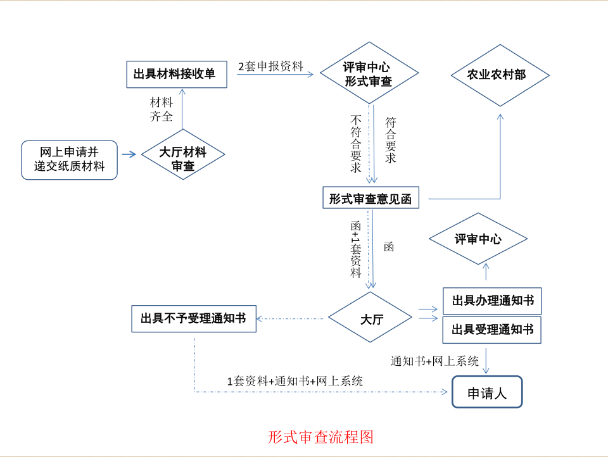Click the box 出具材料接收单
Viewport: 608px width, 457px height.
pos(174,74)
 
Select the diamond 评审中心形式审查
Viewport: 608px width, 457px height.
pos(368,74)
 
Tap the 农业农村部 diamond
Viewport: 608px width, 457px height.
pos(500,75)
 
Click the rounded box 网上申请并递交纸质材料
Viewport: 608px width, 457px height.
pos(69,160)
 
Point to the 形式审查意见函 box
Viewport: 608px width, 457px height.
pos(370,199)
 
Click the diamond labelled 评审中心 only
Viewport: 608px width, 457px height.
pos(478,239)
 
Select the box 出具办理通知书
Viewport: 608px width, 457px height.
pos(492,301)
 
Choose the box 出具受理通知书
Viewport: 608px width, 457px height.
pos(492,329)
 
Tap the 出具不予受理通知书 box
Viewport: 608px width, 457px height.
pos(193,318)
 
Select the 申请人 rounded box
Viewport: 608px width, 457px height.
pos(487,393)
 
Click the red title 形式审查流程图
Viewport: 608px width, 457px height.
pos(320,437)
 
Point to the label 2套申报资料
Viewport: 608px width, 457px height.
pos(270,66)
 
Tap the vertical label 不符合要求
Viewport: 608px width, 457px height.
pos(356,144)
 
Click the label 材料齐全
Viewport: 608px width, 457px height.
pos(161,109)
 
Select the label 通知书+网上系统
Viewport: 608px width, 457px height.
pos(434,361)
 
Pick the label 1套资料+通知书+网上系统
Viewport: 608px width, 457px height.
pos(295,381)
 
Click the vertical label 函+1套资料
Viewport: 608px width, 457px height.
pos(356,249)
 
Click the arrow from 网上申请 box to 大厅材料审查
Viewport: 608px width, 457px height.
pos(129,154)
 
